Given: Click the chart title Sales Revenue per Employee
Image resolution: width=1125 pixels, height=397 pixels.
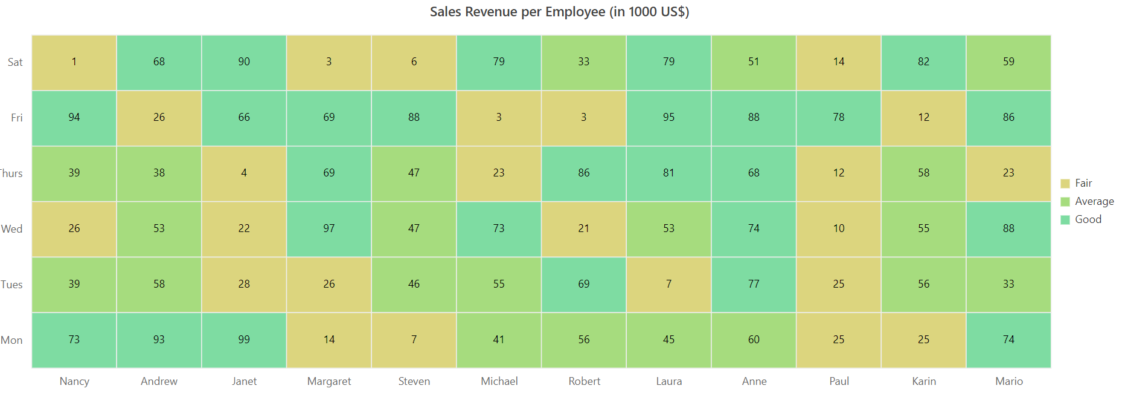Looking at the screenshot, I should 559,12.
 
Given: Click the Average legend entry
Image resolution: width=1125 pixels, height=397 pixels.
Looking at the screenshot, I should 1088,201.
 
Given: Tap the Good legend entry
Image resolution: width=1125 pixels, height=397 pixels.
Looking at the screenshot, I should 1082,219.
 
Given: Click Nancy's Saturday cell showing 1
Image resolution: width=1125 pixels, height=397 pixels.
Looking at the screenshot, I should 74,62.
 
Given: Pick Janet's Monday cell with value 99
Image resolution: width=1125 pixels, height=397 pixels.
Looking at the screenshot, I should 244,340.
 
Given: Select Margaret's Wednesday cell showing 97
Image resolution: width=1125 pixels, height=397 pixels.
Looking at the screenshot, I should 329,229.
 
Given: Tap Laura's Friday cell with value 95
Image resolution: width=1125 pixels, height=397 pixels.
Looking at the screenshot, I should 668,118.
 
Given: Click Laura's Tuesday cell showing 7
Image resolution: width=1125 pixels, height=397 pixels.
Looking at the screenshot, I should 668,285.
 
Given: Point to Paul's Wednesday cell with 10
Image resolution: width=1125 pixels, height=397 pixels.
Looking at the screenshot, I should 839,229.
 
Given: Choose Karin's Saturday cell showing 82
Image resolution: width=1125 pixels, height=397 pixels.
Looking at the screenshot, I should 923,62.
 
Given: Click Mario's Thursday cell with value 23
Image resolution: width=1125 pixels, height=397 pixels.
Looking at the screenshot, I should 1008,173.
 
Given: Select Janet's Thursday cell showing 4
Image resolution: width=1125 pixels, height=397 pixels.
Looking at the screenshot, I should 244,173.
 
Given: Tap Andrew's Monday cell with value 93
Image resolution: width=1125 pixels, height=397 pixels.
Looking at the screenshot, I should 159,340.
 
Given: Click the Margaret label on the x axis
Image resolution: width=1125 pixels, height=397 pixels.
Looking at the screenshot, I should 329,381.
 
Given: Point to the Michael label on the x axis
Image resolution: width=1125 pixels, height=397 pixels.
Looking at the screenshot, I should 499,381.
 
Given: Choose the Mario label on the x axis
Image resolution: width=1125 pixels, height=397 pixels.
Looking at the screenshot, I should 1009,381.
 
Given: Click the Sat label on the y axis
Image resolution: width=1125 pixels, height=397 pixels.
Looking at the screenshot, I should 15,62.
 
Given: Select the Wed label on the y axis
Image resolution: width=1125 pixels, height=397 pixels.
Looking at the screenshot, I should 12,229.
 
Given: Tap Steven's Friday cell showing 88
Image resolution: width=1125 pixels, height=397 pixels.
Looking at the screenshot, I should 414,118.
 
